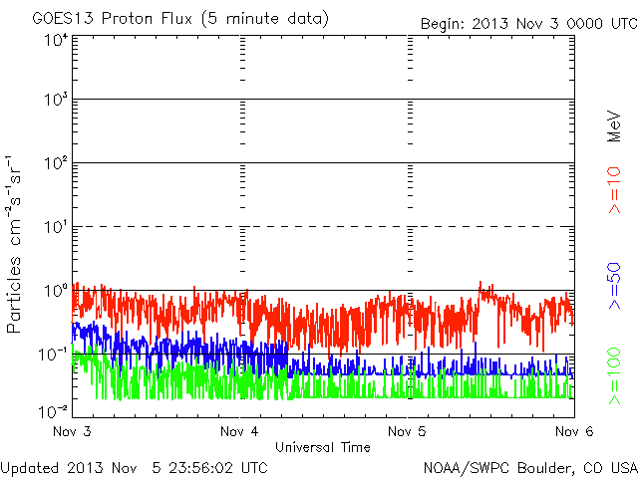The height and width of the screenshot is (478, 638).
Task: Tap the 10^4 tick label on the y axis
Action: (55, 41)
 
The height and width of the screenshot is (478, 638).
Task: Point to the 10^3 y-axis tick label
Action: (55, 101)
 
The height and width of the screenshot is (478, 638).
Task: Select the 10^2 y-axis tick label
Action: (55, 163)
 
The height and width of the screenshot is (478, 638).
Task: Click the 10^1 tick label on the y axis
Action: (55, 227)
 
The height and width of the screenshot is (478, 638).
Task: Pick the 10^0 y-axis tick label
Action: (55, 291)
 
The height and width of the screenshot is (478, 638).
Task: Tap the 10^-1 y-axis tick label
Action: (54, 355)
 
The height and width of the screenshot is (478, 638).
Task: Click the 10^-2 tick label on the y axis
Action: (54, 409)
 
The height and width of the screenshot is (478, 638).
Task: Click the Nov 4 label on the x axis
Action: (240, 431)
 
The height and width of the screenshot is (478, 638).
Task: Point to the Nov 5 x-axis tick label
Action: (407, 431)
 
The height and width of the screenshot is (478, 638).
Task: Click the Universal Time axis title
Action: (323, 447)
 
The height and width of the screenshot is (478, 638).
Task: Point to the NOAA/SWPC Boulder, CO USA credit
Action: (529, 467)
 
